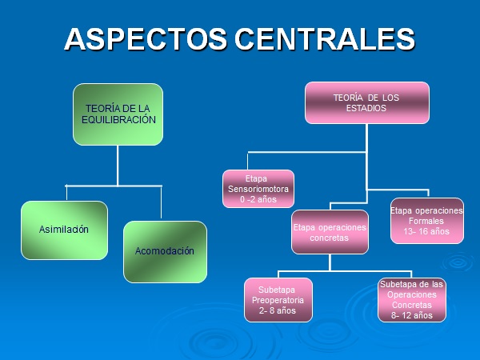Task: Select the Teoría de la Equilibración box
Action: [118, 114]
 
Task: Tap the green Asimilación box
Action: [64, 230]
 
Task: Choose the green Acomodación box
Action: [165, 251]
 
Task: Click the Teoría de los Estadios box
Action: [367, 103]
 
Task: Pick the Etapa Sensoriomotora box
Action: [258, 190]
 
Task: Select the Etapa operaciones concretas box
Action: [329, 233]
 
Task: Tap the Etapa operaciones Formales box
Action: [426, 221]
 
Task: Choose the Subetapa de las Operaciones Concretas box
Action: [412, 299]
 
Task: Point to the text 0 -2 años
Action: [258, 199]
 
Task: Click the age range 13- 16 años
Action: [426, 231]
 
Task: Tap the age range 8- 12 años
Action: [412, 315]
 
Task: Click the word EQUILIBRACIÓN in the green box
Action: [118, 119]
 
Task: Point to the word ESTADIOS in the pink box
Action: [367, 108]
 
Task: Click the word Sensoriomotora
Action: [258, 190]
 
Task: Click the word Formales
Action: [426, 221]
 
